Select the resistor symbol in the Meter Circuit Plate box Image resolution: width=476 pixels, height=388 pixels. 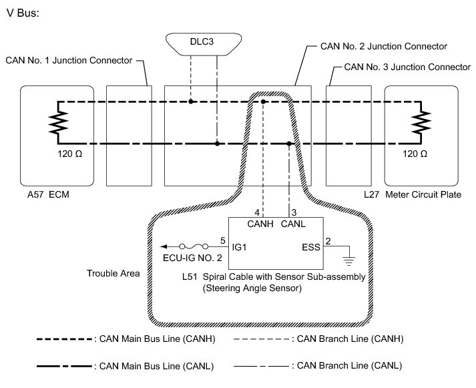420,122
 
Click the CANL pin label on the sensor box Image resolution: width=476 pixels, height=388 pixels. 294,224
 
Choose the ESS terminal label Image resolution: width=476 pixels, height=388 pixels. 311,246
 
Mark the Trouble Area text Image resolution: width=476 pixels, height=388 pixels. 113,274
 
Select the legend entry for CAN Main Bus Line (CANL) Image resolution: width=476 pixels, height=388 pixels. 148,366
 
